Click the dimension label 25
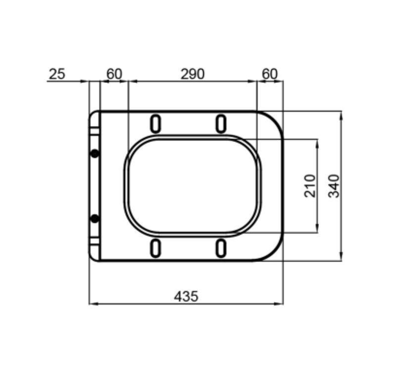[57, 74]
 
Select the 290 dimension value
[193, 74]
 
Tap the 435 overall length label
[186, 296]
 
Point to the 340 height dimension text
[334, 186]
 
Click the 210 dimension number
[310, 186]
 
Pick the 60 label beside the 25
[114, 74]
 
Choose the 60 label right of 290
[269, 74]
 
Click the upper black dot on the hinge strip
[95, 153]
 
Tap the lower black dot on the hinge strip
[95, 219]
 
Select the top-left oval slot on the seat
[155, 124]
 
